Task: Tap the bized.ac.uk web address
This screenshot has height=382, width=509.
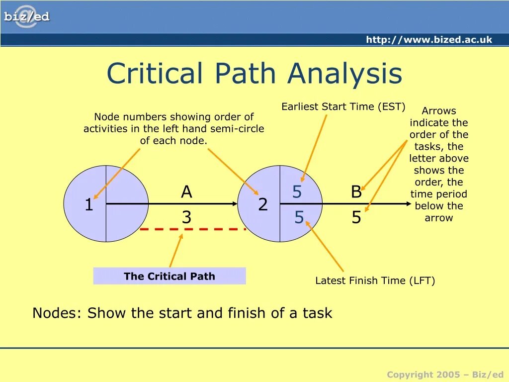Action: (429, 40)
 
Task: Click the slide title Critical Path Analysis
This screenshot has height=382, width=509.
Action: (254, 73)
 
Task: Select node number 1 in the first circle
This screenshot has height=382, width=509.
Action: (88, 205)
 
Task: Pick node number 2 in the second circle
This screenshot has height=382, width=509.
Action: (263, 204)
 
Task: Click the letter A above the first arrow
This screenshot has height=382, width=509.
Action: (186, 192)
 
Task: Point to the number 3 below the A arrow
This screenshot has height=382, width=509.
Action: (186, 217)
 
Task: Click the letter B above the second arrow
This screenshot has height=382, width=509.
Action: (356, 192)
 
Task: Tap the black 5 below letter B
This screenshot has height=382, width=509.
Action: (356, 218)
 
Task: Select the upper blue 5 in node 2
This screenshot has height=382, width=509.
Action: (297, 192)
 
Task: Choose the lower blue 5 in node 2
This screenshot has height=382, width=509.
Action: (299, 217)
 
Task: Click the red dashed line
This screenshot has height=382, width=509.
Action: (193, 229)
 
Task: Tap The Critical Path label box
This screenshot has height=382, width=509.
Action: (170, 276)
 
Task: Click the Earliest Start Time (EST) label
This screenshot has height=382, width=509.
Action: (343, 106)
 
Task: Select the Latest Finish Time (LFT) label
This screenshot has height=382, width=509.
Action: (375, 281)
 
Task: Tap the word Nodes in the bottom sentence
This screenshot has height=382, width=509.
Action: (54, 313)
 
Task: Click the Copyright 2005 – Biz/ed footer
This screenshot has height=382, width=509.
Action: (445, 375)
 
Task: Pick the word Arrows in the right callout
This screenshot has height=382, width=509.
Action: (439, 111)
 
